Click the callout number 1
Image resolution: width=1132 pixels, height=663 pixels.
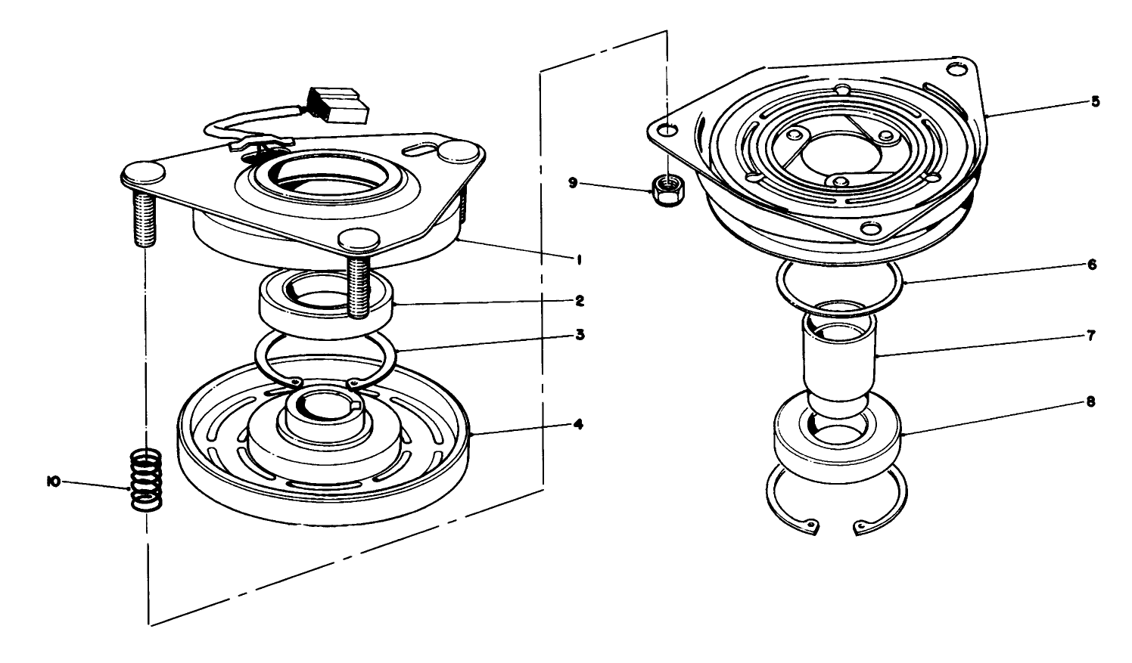pos(577,259)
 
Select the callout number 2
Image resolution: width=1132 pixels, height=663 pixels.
pos(579,300)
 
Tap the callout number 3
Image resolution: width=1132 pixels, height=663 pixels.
pos(579,333)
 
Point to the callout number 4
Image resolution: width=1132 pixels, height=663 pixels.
pos(579,424)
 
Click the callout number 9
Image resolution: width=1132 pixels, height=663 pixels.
pos(573,182)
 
